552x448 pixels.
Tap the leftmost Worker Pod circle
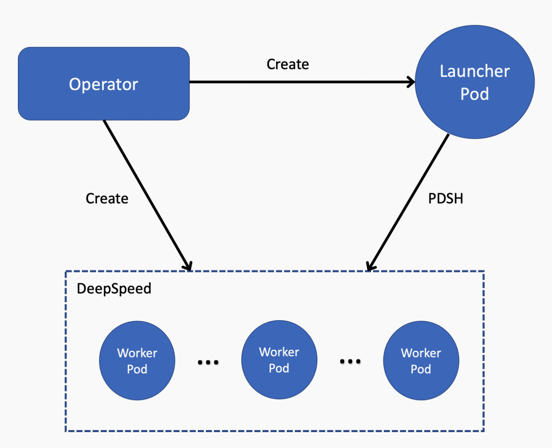[x=137, y=361]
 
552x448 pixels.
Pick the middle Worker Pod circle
[x=279, y=360]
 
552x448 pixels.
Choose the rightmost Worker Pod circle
[x=421, y=361]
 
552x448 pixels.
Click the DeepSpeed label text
[x=114, y=288]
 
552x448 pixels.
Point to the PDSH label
[x=446, y=198]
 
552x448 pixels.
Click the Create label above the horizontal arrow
[x=288, y=64]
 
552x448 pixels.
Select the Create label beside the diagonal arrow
[x=107, y=198]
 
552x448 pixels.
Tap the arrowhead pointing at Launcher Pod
[x=410, y=82]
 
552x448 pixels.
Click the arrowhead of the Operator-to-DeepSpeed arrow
[x=188, y=265]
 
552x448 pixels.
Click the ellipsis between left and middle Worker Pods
[x=208, y=362]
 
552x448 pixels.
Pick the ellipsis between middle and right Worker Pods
[x=350, y=361]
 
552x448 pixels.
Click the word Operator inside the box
[x=104, y=84]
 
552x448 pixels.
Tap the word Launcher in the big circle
[x=474, y=72]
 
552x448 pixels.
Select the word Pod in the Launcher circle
[x=474, y=94]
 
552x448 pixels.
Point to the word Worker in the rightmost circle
[x=421, y=353]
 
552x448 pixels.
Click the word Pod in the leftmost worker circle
[x=137, y=369]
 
